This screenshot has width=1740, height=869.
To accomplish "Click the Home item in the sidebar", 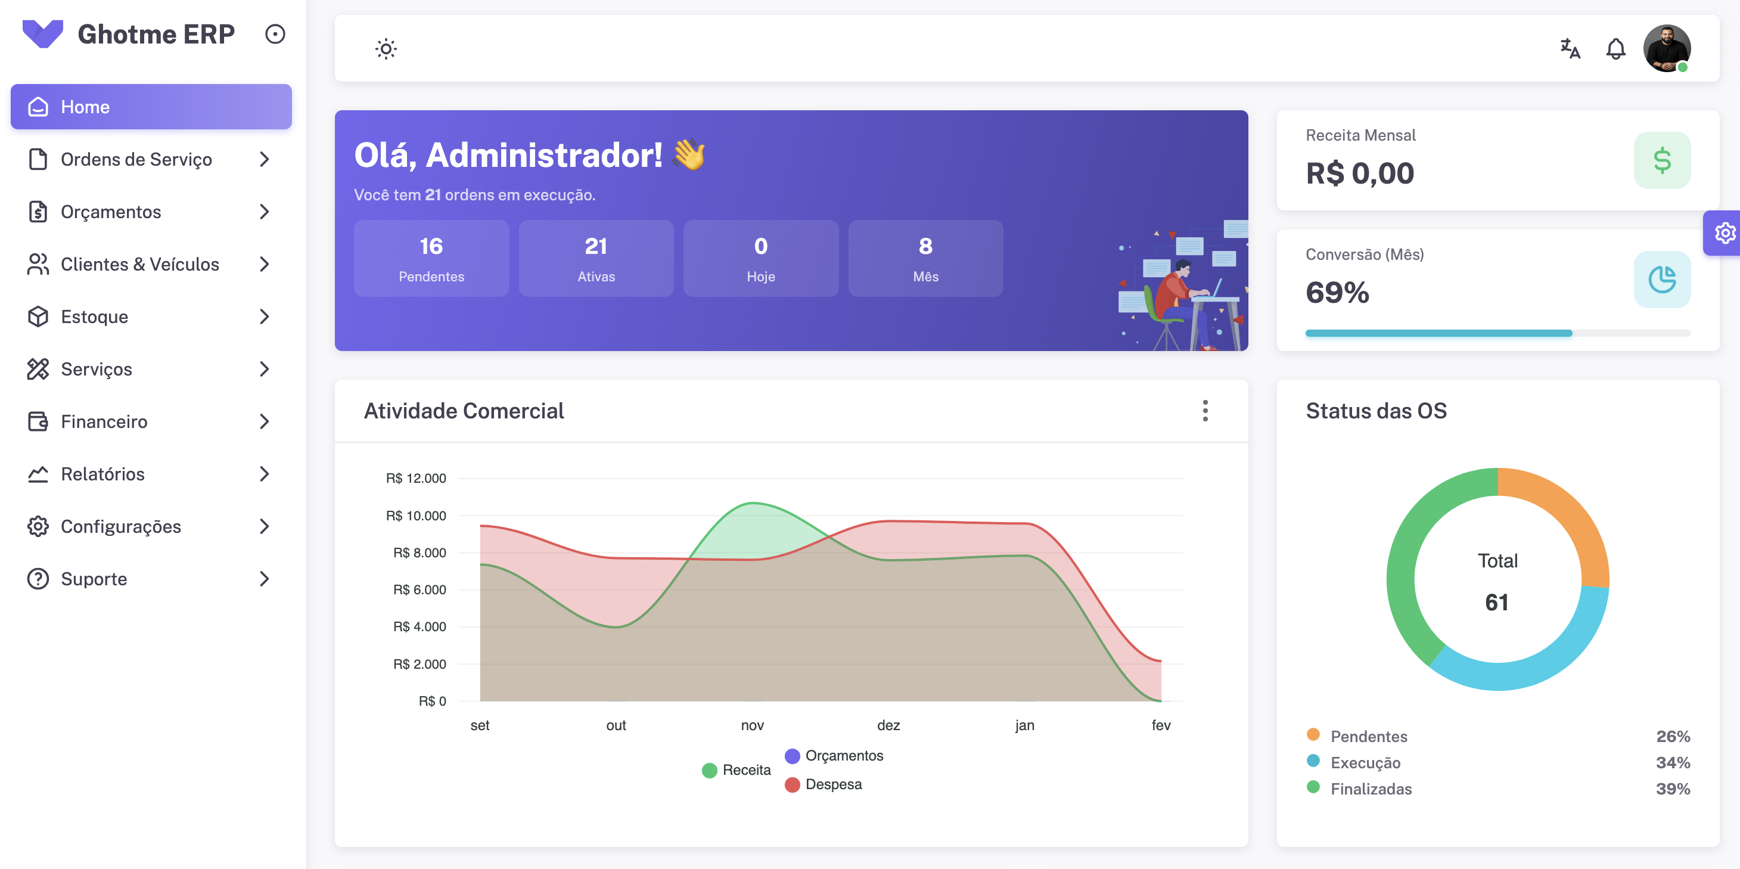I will (151, 107).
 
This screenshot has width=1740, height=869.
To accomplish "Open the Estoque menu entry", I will (95, 317).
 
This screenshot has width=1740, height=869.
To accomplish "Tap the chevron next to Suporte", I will (264, 579).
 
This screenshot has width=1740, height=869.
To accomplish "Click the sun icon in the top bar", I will (386, 49).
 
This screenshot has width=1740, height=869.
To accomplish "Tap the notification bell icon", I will (1615, 49).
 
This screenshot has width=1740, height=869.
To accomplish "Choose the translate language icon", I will (1570, 49).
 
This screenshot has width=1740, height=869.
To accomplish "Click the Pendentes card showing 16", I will (431, 258).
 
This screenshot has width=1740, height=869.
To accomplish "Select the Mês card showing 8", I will (925, 258).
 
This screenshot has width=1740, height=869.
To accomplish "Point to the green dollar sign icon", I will (1662, 160).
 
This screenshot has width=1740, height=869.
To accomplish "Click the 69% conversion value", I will (1337, 293).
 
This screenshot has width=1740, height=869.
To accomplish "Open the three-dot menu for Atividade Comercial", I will (1204, 411).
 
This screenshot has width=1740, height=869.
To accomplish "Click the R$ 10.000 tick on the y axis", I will (415, 516).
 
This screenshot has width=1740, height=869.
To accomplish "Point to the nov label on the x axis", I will (752, 725).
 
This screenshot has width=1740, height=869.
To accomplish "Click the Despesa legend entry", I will (833, 784).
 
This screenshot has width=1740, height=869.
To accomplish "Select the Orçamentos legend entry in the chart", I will (843, 756).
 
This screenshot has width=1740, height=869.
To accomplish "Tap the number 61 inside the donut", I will (1497, 602).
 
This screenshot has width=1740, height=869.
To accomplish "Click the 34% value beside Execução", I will (1673, 763).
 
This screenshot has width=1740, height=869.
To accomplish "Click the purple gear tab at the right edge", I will (1725, 233).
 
